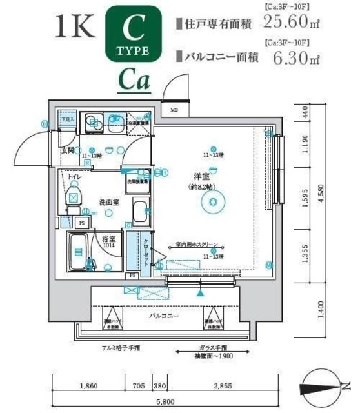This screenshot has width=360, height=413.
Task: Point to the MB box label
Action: (174, 110)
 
